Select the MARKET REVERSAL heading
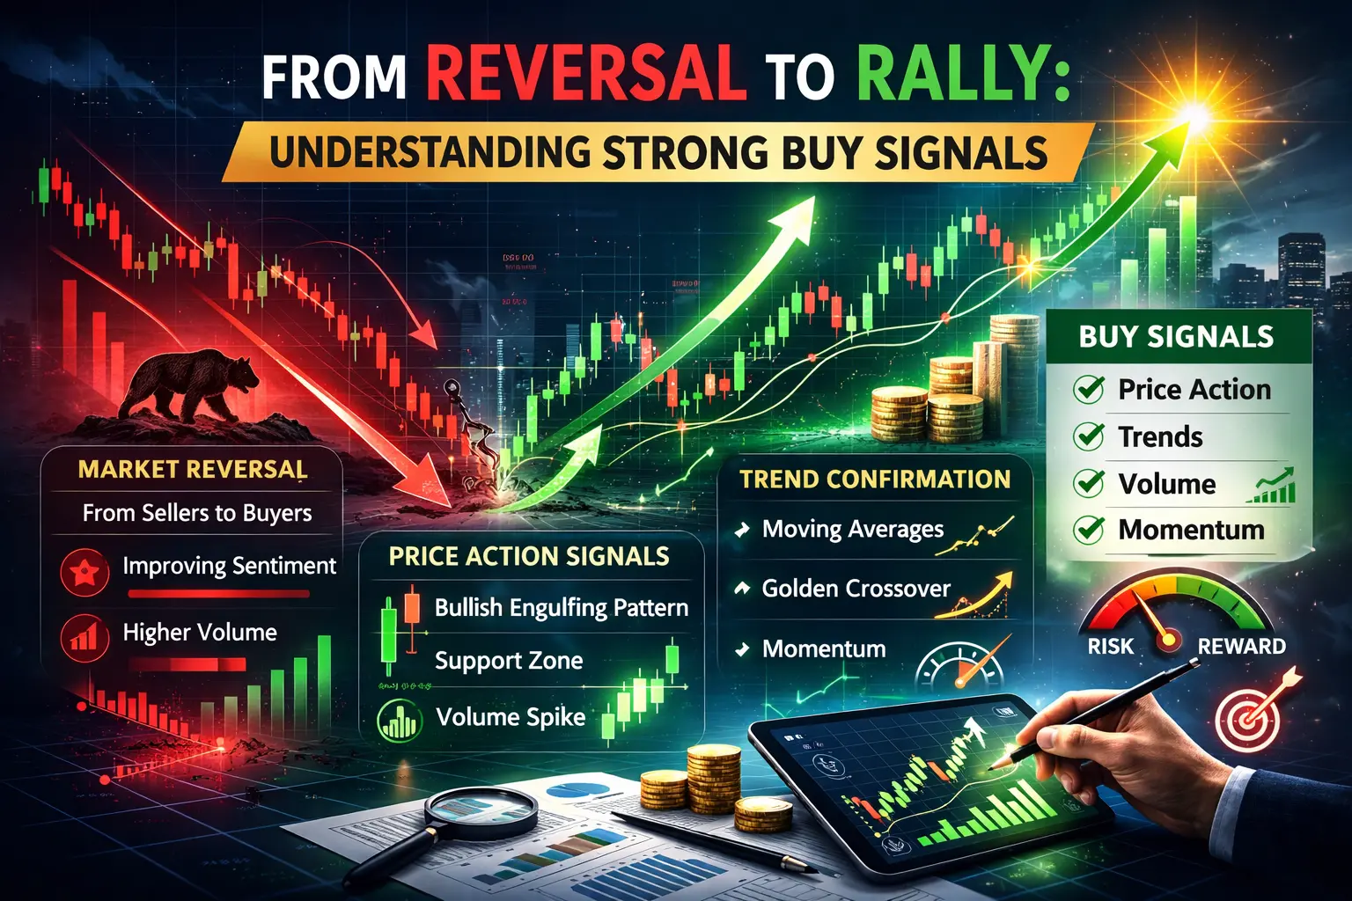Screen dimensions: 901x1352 click(193, 469)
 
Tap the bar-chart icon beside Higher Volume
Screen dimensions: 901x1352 click(84, 635)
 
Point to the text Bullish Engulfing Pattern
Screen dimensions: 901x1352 click(562, 607)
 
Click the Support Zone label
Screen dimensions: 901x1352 click(509, 661)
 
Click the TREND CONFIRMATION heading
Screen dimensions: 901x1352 click(875, 480)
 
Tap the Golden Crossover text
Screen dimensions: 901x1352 click(856, 589)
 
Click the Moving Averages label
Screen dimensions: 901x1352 click(852, 529)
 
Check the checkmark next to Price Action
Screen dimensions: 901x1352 click(1090, 389)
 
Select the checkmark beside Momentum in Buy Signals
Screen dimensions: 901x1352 click(1090, 530)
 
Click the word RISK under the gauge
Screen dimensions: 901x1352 click(1111, 647)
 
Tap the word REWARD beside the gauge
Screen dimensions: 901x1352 click(1241, 647)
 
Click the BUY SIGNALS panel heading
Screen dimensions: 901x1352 click(1176, 337)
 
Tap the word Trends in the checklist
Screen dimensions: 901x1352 click(1160, 436)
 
